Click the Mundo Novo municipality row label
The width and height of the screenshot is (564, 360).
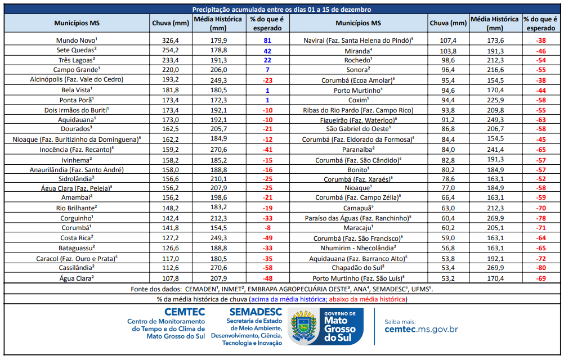click(77, 40)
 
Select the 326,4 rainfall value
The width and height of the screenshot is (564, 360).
click(170, 40)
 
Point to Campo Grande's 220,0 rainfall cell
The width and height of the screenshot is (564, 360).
click(170, 69)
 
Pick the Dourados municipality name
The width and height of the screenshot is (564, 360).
click(77, 129)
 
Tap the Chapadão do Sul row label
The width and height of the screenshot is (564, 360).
click(358, 268)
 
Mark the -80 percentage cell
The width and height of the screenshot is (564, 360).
click(541, 268)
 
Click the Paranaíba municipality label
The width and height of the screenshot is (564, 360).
click(358, 149)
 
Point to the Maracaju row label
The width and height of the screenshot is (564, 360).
click(358, 228)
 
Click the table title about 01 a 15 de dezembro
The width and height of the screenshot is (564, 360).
click(281, 10)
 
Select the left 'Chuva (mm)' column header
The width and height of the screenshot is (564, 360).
click(170, 23)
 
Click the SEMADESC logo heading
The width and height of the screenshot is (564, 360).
click(254, 311)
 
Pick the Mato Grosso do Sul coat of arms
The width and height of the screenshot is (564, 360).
click(305, 327)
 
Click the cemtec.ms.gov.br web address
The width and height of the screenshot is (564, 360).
click(421, 330)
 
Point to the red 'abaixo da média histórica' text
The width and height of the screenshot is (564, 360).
click(368, 299)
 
